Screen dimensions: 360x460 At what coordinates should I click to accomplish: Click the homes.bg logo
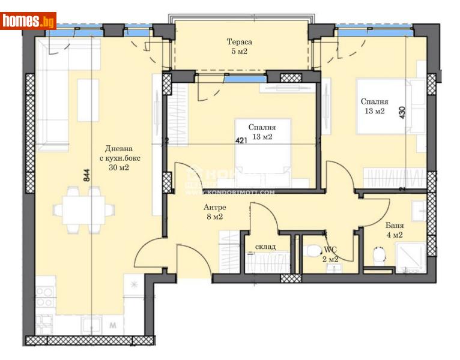coord(28,21)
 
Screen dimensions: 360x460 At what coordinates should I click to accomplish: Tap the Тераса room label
coord(238,42)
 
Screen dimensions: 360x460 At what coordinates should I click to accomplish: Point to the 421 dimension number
coord(241,142)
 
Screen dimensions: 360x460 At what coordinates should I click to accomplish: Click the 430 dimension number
coord(410,115)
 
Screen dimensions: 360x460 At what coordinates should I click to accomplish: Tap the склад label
coord(265,246)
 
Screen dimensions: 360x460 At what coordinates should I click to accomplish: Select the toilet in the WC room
coord(312,251)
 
